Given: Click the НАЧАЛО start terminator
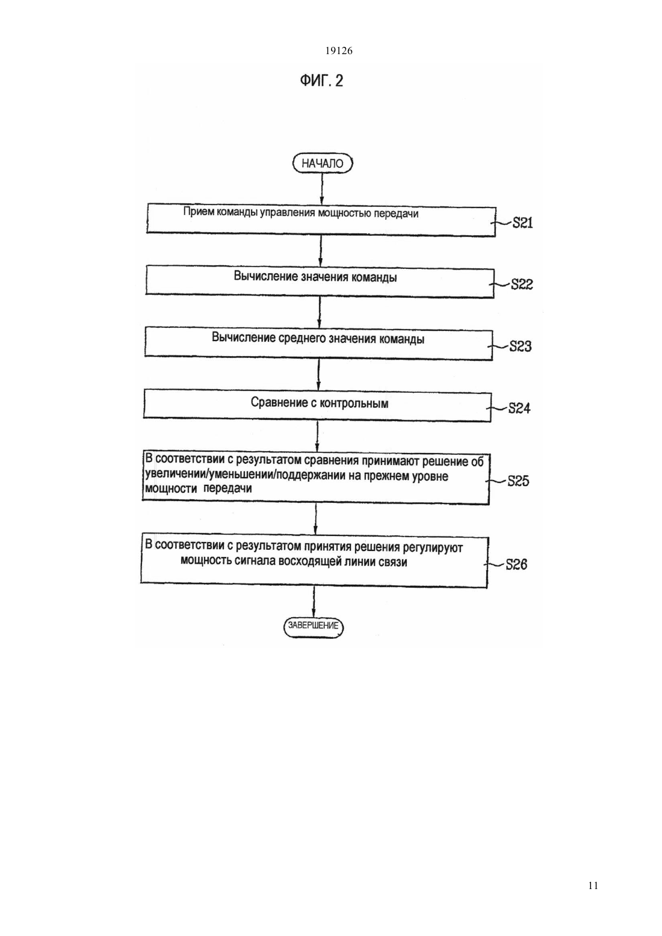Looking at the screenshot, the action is click(x=322, y=164).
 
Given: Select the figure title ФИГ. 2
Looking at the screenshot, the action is click(x=321, y=80).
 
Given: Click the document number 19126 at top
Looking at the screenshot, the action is click(x=339, y=51).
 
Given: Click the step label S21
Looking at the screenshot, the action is click(x=522, y=223).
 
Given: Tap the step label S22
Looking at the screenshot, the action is click(x=522, y=285).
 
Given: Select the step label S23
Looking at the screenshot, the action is click(x=521, y=346).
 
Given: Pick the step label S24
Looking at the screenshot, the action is click(x=519, y=408).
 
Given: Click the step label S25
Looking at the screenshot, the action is click(x=518, y=481).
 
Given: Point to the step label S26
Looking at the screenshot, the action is click(x=516, y=564).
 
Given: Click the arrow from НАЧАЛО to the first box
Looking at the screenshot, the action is click(x=322, y=188).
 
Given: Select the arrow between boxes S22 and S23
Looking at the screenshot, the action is click(x=320, y=313).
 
